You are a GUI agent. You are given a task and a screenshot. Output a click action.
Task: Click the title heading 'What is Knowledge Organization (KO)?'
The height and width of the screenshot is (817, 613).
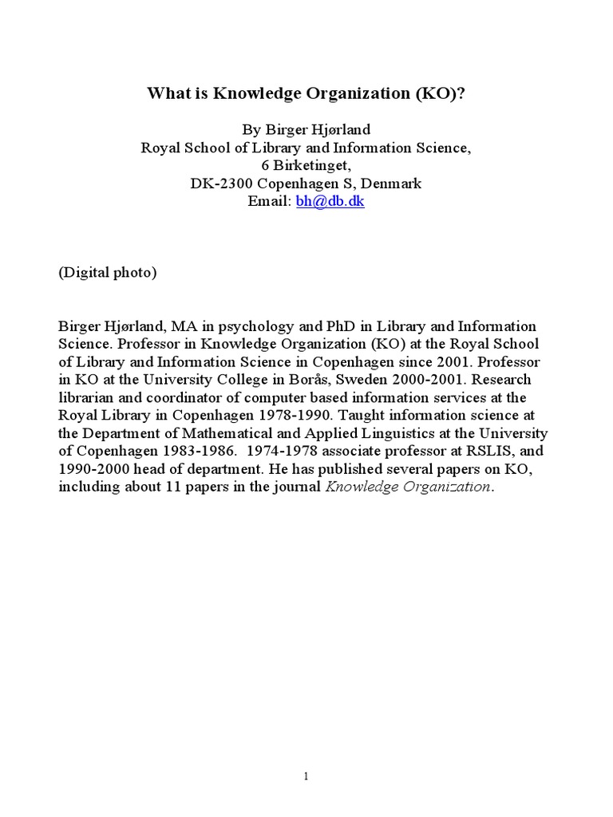click(x=306, y=93)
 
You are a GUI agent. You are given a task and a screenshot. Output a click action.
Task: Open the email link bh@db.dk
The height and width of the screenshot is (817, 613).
click(x=330, y=201)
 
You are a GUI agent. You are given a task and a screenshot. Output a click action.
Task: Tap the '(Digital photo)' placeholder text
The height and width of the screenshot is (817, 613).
click(x=108, y=272)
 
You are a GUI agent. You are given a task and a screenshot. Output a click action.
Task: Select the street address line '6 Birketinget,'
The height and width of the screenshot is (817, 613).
click(x=306, y=165)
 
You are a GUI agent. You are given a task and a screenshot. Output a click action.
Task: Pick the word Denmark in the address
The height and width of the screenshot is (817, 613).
click(x=393, y=184)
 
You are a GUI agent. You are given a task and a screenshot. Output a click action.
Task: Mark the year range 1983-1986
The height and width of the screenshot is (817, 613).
click(x=194, y=451)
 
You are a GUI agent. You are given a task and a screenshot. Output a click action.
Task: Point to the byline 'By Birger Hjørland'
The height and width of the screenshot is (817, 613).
click(x=306, y=129)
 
